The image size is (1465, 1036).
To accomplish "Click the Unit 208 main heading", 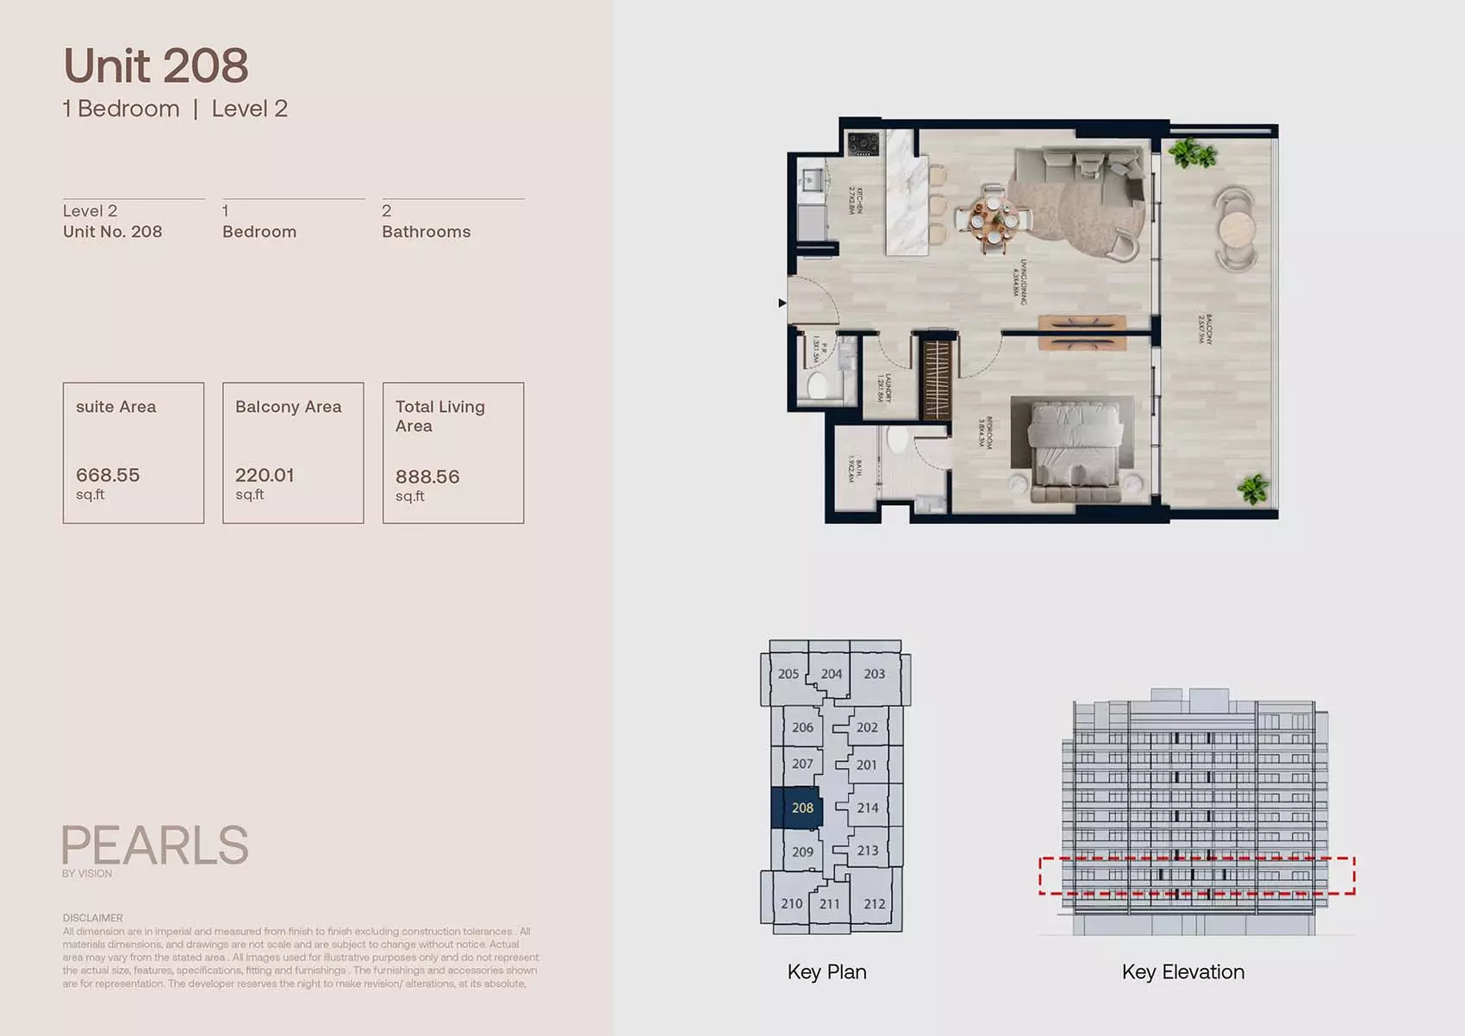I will (x=156, y=66).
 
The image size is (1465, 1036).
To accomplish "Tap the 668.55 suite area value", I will (x=108, y=475).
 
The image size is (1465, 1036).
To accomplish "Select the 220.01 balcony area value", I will (x=265, y=475).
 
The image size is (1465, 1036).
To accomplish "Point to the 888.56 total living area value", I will (x=427, y=477).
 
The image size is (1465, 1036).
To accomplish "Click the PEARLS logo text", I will (x=155, y=846).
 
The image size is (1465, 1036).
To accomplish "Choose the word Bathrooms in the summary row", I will (x=426, y=232).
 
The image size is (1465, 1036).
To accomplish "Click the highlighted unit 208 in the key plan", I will (x=801, y=808).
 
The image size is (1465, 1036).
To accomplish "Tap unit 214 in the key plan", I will (x=868, y=808).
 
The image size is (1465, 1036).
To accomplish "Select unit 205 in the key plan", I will (x=788, y=674).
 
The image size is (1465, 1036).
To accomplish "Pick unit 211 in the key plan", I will (x=829, y=904).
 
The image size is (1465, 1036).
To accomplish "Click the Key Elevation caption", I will (x=1182, y=972).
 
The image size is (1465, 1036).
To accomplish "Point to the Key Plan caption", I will (x=826, y=972).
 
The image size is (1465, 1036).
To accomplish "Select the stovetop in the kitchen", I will (x=863, y=144).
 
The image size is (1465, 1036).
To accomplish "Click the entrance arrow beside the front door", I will (x=782, y=303).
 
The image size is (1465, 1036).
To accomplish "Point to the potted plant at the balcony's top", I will (x=1192, y=154).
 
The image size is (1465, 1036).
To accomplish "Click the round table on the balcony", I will (x=1237, y=229).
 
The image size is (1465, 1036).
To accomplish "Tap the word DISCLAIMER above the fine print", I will (x=92, y=918).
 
